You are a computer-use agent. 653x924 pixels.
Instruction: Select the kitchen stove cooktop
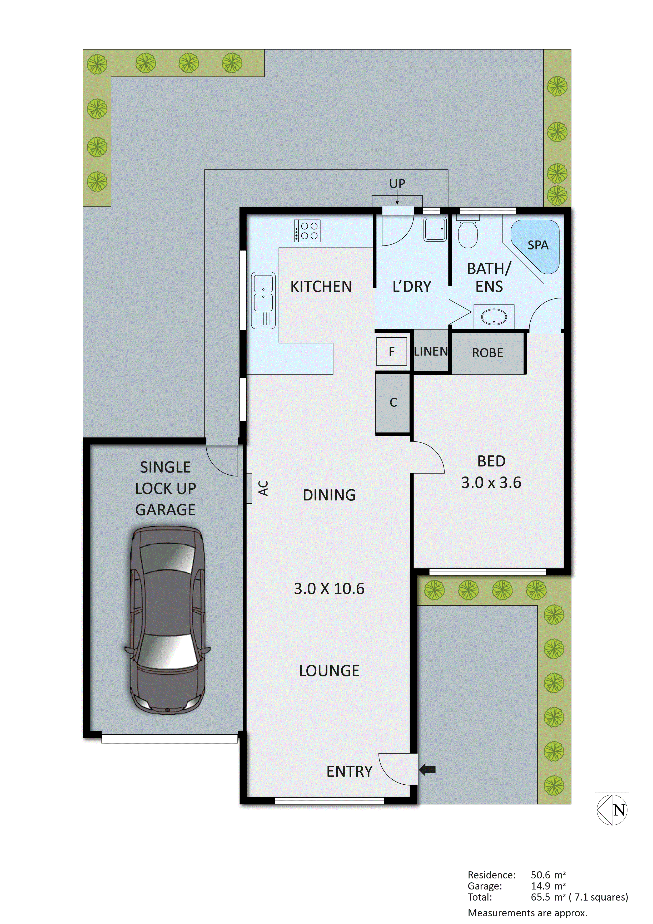[x=307, y=230]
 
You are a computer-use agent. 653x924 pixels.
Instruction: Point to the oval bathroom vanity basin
[x=494, y=316]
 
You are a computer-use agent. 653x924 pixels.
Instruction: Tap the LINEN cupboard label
[x=431, y=351]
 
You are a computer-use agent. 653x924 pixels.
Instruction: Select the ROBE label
[x=487, y=353]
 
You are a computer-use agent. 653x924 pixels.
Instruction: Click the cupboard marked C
[x=393, y=402]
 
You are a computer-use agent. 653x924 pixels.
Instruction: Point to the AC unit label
[x=263, y=488]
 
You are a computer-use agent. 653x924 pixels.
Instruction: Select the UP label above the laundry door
[x=397, y=184]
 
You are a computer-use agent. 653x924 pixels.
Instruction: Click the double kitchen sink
[x=263, y=300]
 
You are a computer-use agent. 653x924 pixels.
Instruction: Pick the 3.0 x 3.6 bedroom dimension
[x=491, y=483]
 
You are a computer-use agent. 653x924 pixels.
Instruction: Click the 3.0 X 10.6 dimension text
[x=329, y=589]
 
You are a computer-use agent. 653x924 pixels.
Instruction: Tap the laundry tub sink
[x=434, y=229]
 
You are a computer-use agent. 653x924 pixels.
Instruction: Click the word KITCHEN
[x=321, y=287]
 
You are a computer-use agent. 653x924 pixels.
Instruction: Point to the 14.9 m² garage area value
[x=548, y=886]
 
